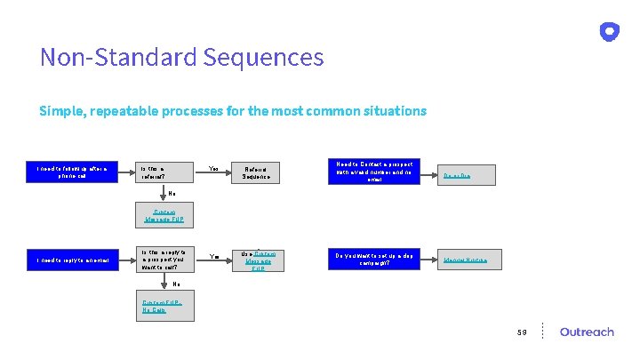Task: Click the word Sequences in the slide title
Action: (263, 58)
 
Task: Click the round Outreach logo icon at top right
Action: (609, 32)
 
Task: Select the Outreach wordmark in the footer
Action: (587, 332)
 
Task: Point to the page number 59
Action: (524, 332)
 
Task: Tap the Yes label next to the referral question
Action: (213, 169)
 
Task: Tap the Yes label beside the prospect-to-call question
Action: (213, 257)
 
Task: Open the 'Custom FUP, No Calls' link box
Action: (166, 307)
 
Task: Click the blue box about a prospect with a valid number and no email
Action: (373, 172)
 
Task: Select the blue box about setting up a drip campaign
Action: (373, 260)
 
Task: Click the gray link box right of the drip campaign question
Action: (472, 260)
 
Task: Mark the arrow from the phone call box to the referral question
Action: (124, 172)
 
